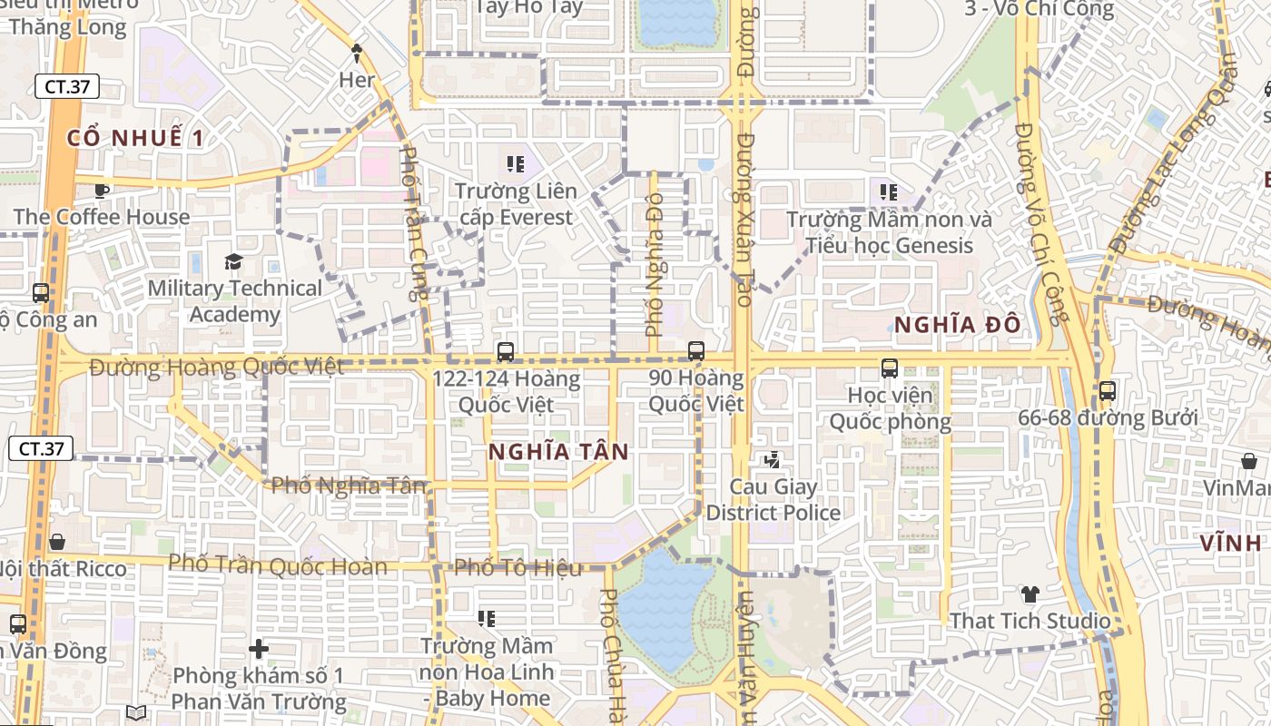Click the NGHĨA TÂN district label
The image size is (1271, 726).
tap(558, 452)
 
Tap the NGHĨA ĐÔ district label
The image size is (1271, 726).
tap(957, 324)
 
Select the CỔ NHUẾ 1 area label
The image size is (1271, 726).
tap(136, 138)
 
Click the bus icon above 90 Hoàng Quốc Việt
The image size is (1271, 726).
tap(696, 350)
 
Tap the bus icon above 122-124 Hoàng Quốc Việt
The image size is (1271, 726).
tap(506, 351)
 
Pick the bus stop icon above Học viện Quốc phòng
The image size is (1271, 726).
tap(890, 368)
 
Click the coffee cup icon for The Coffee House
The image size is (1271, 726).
tap(101, 191)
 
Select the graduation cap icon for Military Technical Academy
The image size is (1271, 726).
tap(234, 262)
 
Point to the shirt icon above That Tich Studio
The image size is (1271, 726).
tap(1030, 594)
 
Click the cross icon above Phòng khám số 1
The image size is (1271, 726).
tap(259, 649)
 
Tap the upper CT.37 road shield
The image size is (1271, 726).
tap(66, 87)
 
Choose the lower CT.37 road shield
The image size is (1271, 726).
tap(41, 448)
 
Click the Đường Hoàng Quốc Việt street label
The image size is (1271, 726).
tap(217, 367)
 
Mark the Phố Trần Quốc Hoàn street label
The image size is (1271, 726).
tap(278, 564)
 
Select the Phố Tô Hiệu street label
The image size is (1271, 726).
tap(517, 568)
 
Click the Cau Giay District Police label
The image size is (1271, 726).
tap(773, 500)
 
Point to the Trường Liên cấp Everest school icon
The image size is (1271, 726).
tap(516, 164)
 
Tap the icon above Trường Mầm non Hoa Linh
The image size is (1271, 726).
tap(487, 619)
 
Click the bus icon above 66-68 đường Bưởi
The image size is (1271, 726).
tap(1107, 391)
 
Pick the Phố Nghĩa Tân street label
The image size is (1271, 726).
tap(349, 486)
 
